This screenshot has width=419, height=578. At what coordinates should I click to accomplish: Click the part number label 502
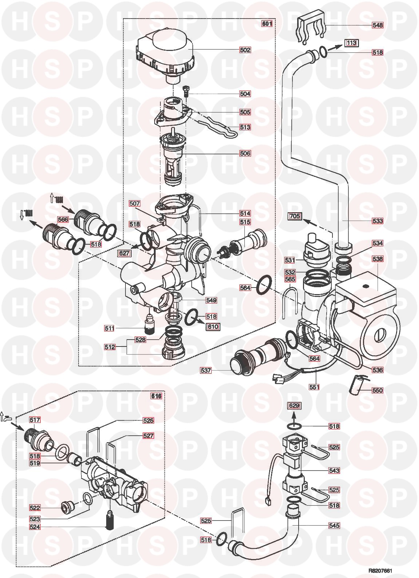click(x=245, y=50)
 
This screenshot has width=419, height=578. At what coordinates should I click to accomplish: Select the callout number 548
click(x=377, y=25)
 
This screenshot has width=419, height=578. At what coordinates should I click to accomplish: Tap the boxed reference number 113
click(x=351, y=43)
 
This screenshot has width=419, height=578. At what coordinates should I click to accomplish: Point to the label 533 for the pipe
click(x=377, y=221)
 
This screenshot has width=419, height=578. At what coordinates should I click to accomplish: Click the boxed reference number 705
click(x=294, y=216)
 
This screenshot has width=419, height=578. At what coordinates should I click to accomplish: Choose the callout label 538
click(x=377, y=259)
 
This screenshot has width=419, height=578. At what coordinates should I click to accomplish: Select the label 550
click(x=377, y=390)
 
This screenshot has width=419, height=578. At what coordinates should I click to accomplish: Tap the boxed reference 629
click(x=295, y=405)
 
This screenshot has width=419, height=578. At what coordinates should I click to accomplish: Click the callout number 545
click(x=334, y=526)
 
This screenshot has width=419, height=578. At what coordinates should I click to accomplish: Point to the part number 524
click(x=35, y=527)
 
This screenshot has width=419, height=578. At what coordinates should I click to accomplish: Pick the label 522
click(x=35, y=507)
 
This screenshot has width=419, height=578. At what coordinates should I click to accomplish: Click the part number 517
click(x=35, y=420)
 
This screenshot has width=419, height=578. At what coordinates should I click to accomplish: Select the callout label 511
click(x=109, y=329)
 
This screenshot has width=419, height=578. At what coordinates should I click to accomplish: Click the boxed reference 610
click(x=213, y=326)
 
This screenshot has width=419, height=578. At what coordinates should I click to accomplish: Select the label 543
click(x=334, y=471)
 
